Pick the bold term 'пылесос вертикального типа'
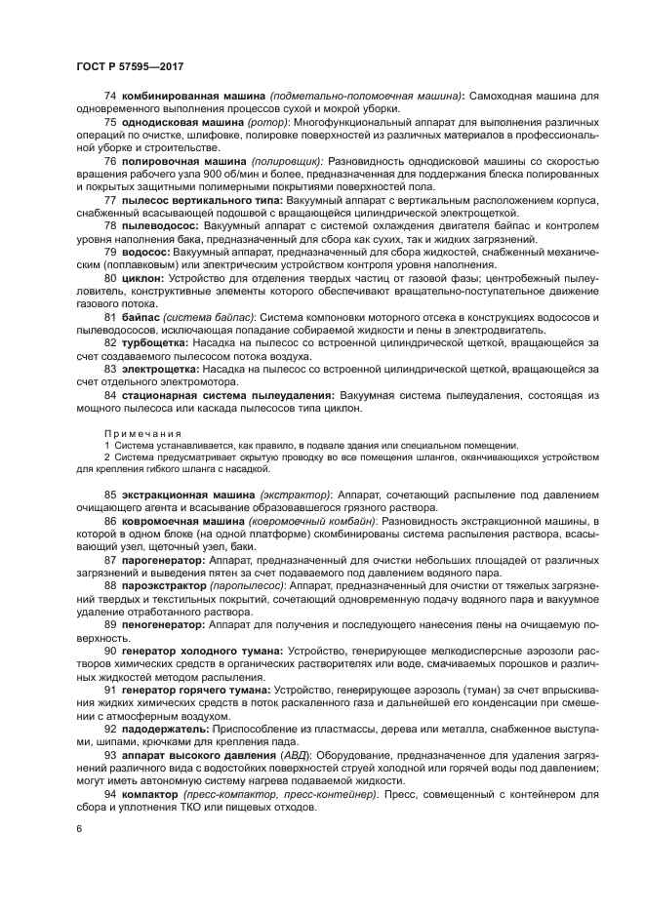pos(196,199)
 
